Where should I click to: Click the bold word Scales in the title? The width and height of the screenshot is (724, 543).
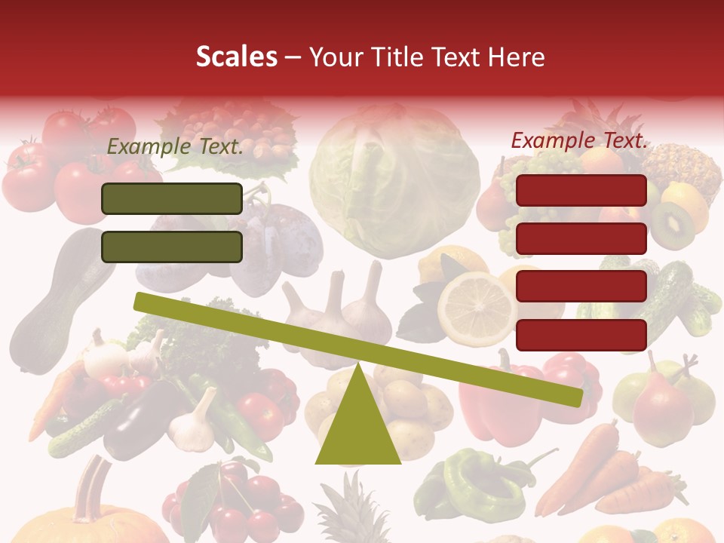(x=236, y=57)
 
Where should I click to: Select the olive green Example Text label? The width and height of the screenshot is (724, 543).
(x=175, y=147)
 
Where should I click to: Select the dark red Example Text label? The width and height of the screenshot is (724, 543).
(x=579, y=140)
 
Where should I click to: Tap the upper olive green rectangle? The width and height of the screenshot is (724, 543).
(x=172, y=198)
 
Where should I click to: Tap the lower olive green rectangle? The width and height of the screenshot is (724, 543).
(x=172, y=247)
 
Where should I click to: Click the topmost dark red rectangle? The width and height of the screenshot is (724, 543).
(x=581, y=190)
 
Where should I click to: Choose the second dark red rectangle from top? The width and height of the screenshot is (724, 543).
(x=581, y=238)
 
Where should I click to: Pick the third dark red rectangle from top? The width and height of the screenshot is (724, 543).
(x=581, y=287)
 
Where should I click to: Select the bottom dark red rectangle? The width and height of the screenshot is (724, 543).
(x=581, y=335)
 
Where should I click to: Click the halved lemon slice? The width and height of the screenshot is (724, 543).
(x=477, y=310)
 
